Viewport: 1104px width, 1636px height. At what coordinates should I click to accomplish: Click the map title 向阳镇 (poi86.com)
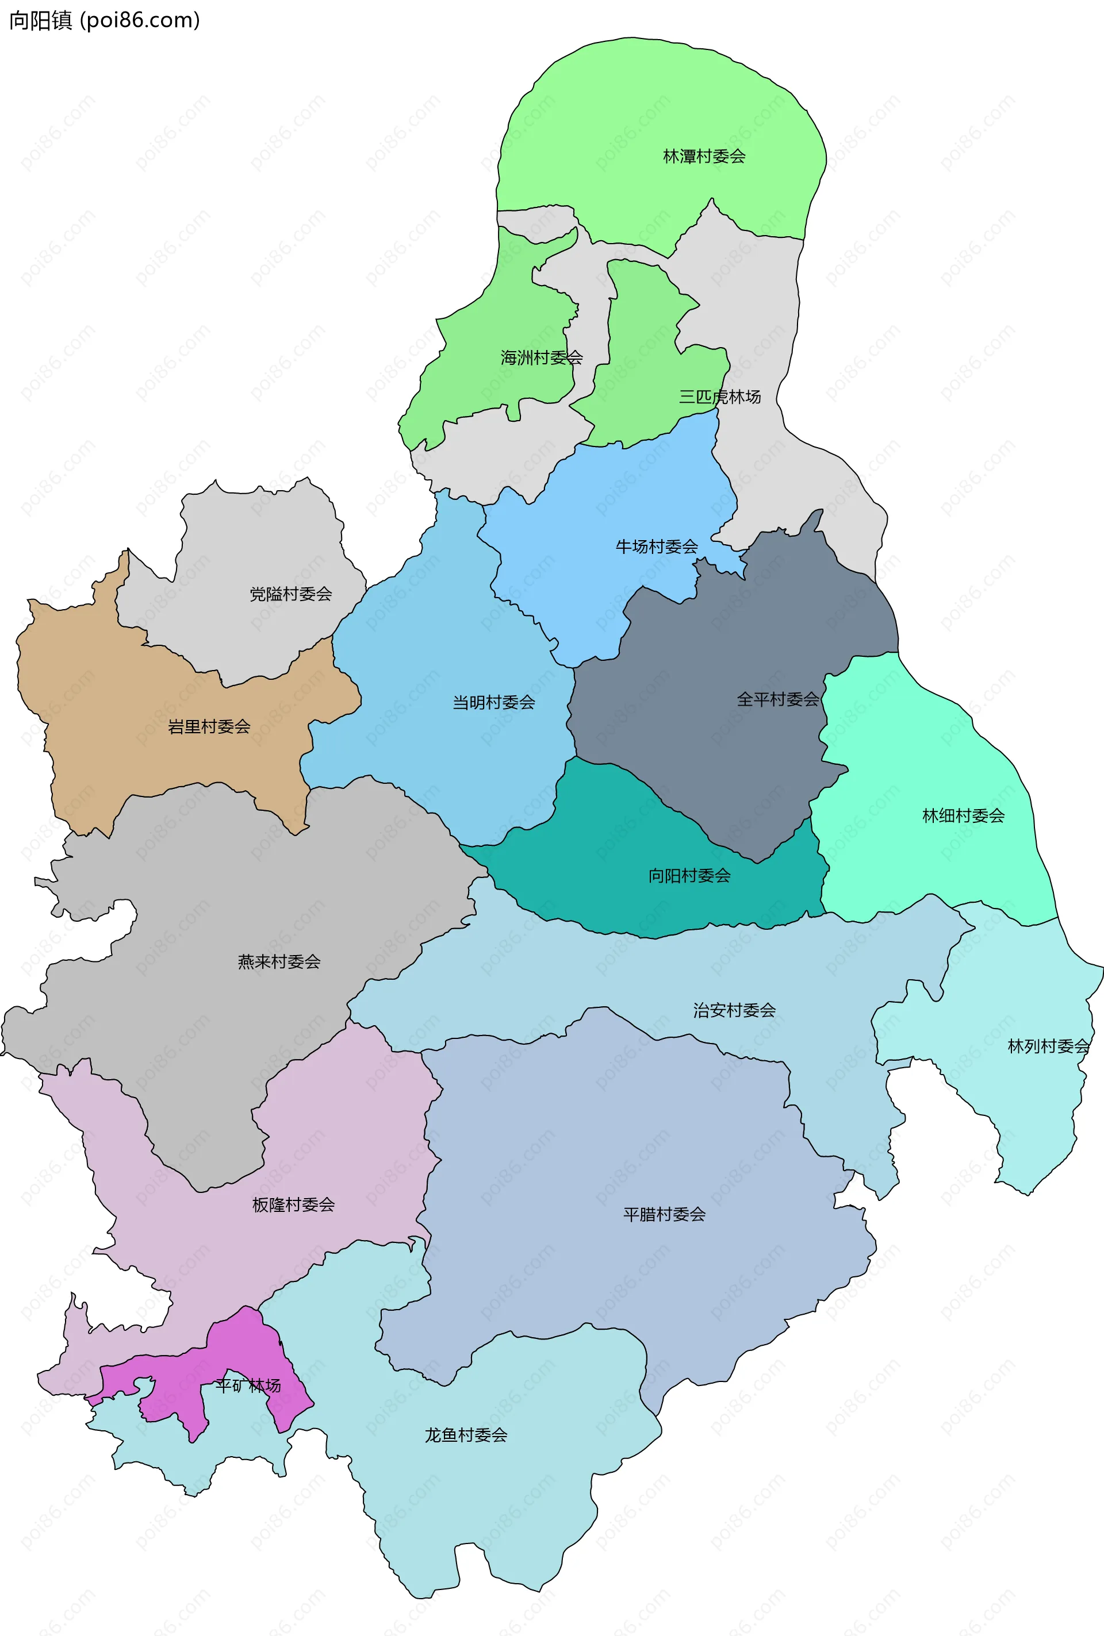pyautogui.click(x=104, y=21)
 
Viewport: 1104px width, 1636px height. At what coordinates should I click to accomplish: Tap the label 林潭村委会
pyautogui.click(x=704, y=156)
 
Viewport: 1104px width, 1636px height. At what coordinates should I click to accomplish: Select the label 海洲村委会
pyautogui.click(x=542, y=357)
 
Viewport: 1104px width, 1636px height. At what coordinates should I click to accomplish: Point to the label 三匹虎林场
pyautogui.click(x=719, y=397)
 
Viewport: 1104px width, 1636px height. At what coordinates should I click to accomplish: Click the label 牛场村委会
pyautogui.click(x=657, y=546)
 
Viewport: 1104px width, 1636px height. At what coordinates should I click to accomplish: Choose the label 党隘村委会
pyautogui.click(x=291, y=594)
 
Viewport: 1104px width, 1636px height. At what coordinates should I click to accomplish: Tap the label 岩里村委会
pyautogui.click(x=209, y=726)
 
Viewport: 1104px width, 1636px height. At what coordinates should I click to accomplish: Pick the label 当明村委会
pyautogui.click(x=493, y=702)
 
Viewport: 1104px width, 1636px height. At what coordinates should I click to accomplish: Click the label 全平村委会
pyautogui.click(x=778, y=699)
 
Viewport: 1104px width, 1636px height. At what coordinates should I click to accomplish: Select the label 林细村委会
pyautogui.click(x=963, y=815)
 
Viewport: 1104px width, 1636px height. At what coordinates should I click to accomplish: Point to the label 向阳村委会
pyautogui.click(x=689, y=875)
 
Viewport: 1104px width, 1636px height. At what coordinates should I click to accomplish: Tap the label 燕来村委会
pyautogui.click(x=279, y=961)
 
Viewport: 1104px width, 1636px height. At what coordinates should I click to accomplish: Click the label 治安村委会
pyautogui.click(x=734, y=1010)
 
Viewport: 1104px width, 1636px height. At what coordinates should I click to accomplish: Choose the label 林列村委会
pyautogui.click(x=1048, y=1046)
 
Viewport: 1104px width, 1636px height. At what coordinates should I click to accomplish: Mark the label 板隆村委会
pyautogui.click(x=294, y=1204)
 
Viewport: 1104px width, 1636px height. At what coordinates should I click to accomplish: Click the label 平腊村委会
pyautogui.click(x=664, y=1214)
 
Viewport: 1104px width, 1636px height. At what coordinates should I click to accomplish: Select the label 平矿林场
pyautogui.click(x=248, y=1385)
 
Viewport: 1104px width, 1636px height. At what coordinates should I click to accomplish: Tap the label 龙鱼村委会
pyautogui.click(x=465, y=1435)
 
